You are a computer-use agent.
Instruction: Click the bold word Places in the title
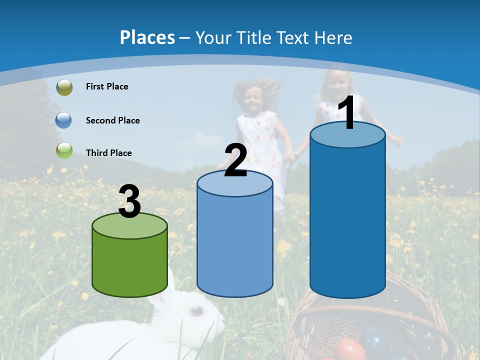pyautogui.click(x=147, y=37)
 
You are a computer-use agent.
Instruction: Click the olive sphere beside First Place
pyautogui.click(x=64, y=87)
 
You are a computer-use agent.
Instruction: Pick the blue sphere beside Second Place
pyautogui.click(x=64, y=120)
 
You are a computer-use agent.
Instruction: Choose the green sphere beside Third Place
pyautogui.click(x=64, y=150)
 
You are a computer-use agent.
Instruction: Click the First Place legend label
pyautogui.click(x=107, y=86)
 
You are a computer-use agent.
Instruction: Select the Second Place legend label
pyautogui.click(x=112, y=120)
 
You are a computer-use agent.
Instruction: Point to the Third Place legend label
pyautogui.click(x=109, y=153)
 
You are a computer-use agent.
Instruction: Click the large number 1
pyautogui.click(x=347, y=113)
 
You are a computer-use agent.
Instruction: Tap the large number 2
pyautogui.click(x=236, y=160)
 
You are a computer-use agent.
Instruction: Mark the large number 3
pyautogui.click(x=130, y=201)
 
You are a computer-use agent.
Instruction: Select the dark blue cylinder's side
pyautogui.click(x=347, y=220)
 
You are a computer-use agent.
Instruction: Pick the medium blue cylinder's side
pyautogui.click(x=235, y=245)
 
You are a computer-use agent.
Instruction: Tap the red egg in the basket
pyautogui.click(x=349, y=349)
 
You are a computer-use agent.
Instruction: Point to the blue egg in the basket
pyautogui.click(x=374, y=337)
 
